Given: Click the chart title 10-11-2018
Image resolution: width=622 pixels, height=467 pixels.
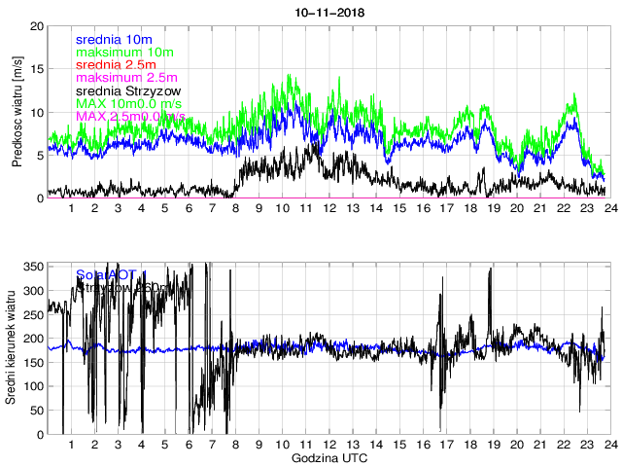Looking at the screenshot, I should pyautogui.click(x=328, y=12).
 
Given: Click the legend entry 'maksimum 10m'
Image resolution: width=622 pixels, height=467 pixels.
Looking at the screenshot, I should pyautogui.click(x=124, y=52).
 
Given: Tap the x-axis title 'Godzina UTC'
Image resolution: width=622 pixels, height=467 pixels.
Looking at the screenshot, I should pyautogui.click(x=328, y=457).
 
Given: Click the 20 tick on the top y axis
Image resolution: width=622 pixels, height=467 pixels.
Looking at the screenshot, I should pyautogui.click(x=37, y=26).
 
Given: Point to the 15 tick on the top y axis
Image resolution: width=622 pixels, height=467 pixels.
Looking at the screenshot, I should pyautogui.click(x=37, y=69).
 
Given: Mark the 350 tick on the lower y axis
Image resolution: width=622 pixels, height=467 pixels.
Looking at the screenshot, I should pyautogui.click(x=32, y=267).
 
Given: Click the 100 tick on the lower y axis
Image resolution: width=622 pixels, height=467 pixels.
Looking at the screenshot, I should pyautogui.click(x=32, y=386).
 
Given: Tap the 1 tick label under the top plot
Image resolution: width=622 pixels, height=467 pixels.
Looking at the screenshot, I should pyautogui.click(x=71, y=208).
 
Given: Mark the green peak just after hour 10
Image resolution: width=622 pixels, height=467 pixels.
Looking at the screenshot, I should pyautogui.click(x=290, y=75).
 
